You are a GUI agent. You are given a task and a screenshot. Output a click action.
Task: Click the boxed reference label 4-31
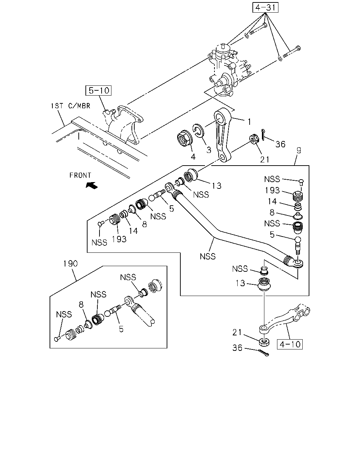pos(265,7)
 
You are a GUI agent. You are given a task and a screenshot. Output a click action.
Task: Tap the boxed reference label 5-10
pos(98,90)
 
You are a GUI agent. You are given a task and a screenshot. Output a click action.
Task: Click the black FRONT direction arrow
pos(92,185)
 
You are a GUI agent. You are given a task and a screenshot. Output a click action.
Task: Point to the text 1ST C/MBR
pos(71,106)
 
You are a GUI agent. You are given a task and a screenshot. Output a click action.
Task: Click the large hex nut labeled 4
pos(184,138)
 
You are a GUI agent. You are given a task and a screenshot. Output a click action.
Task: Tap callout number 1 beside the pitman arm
pos(249,122)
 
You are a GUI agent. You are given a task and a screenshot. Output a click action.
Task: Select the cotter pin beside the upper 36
pos(263,135)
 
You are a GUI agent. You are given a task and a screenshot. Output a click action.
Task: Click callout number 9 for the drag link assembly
pos(299,150)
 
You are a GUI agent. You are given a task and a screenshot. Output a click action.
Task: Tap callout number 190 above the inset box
pos(71,263)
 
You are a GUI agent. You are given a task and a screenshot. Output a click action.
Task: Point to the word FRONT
pos(80,175)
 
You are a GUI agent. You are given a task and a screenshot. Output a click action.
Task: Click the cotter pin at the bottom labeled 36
pos(264,353)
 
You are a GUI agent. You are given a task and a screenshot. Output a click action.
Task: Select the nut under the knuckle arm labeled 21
pos(264,342)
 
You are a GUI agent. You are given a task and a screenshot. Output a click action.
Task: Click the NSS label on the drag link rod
pos(207,256)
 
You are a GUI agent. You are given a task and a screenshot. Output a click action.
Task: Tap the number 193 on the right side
pos(272,190)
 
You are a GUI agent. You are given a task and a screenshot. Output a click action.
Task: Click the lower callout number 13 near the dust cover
pos(240,283)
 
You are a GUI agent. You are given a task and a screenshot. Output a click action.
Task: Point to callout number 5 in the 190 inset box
pos(121,329)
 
